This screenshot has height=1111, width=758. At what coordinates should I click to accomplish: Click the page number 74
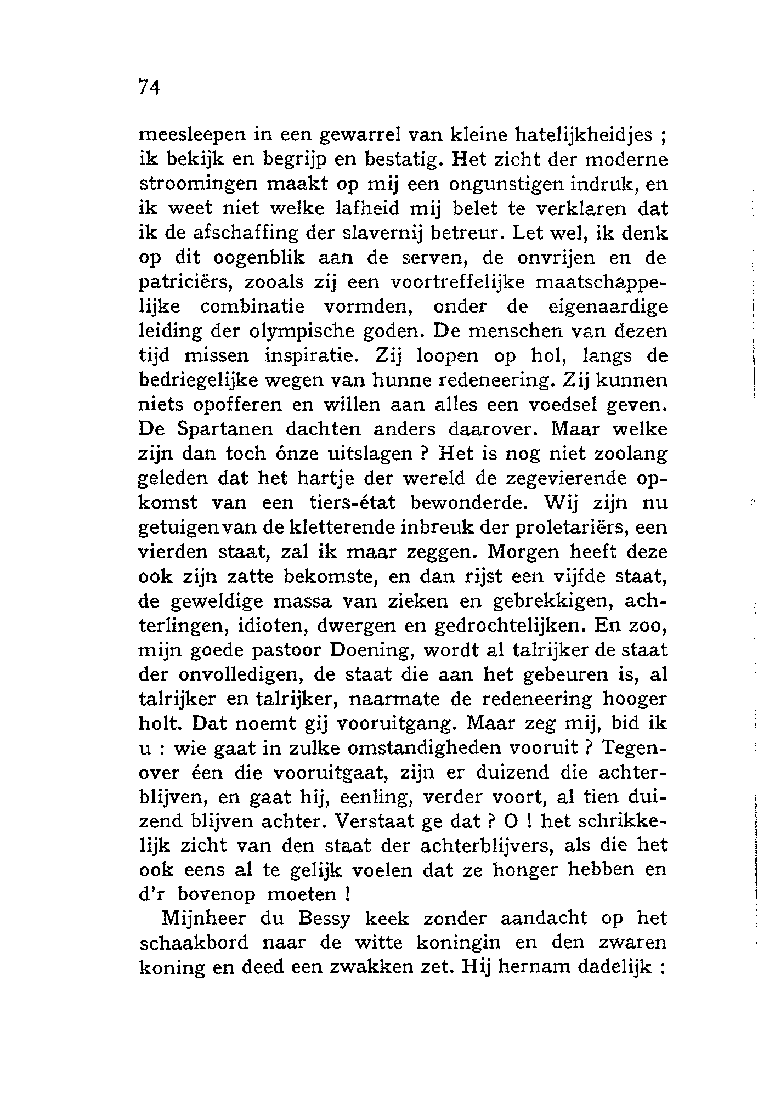point(149,87)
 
